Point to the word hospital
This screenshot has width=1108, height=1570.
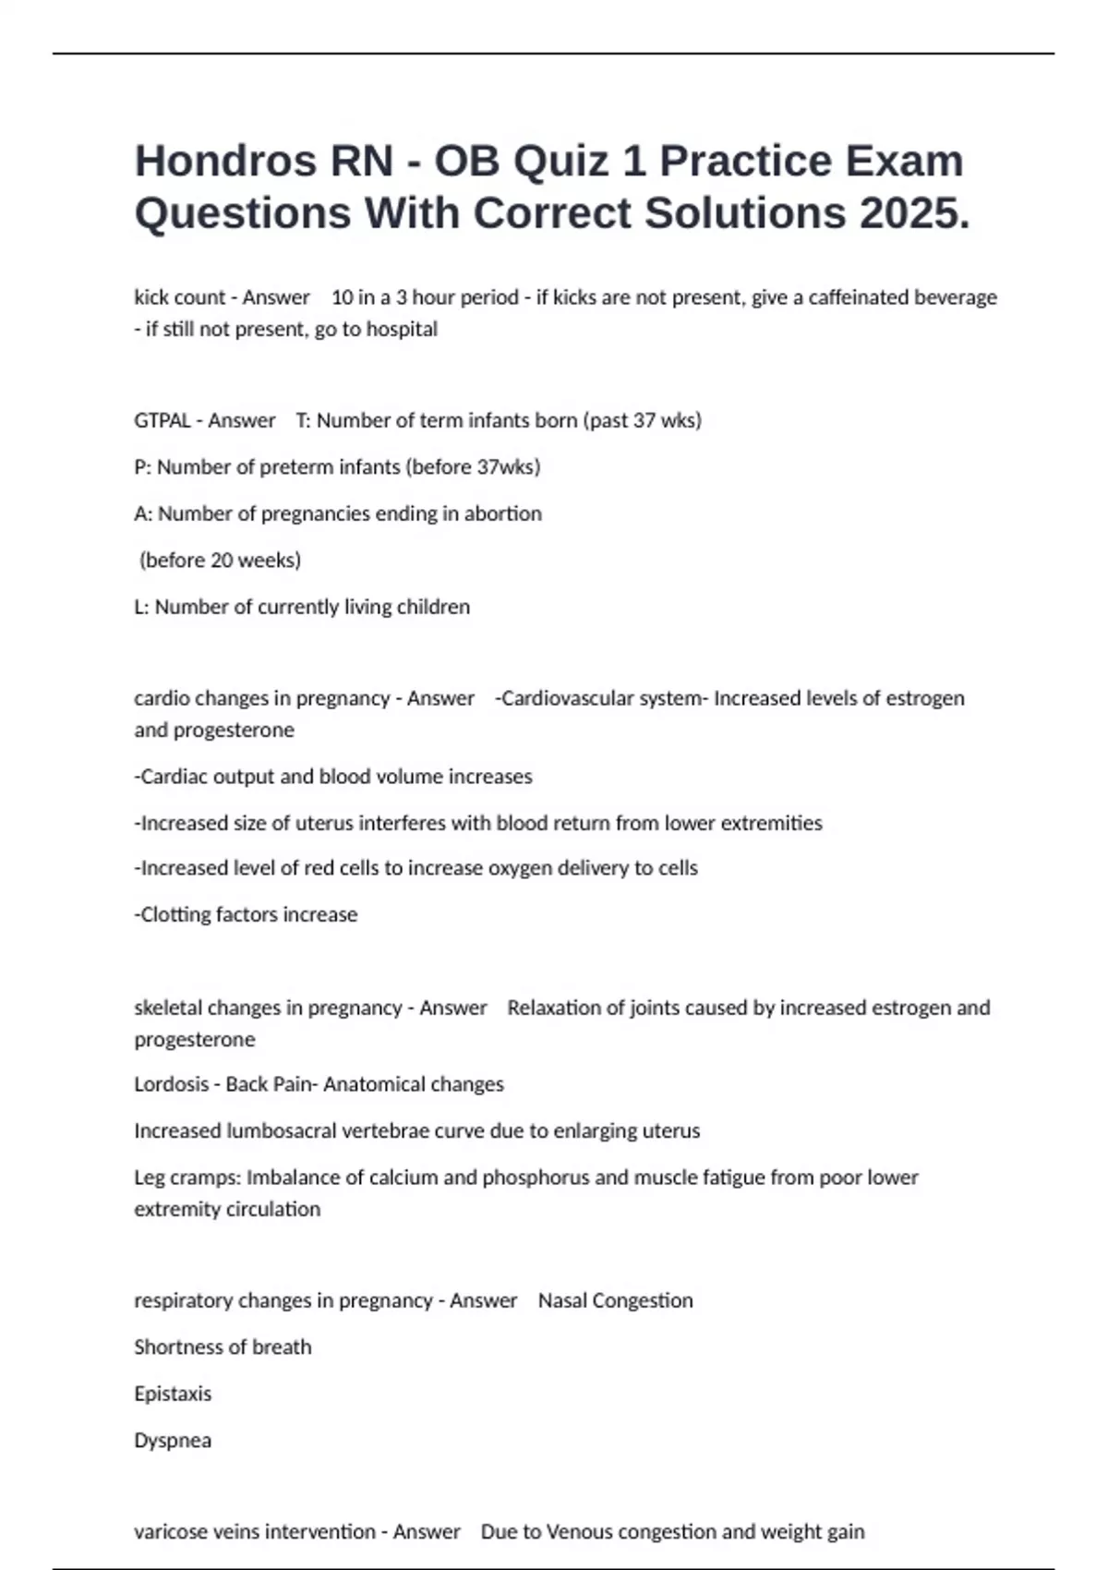point(402,329)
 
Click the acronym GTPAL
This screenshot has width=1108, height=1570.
point(162,421)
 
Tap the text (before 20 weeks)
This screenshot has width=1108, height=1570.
point(220,561)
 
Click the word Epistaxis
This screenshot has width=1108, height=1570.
point(173,1394)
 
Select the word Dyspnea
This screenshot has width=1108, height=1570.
point(173,1441)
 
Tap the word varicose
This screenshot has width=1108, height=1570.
point(171,1532)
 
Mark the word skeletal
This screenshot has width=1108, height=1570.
point(167,1008)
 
